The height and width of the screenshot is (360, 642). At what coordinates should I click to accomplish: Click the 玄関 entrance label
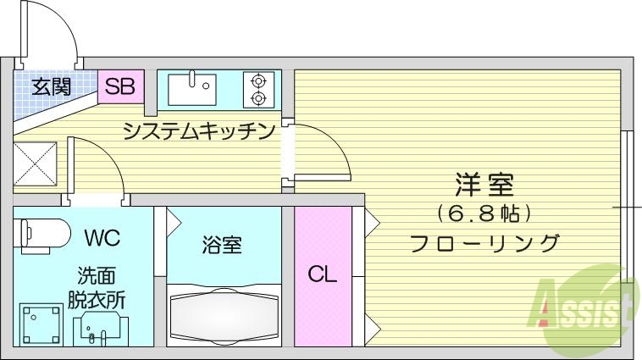(x=52, y=86)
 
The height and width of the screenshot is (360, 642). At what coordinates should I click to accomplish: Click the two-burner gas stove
(x=259, y=89)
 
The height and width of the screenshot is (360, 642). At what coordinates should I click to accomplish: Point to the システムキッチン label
(x=200, y=131)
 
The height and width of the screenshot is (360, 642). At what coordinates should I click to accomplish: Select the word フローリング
(x=484, y=243)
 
